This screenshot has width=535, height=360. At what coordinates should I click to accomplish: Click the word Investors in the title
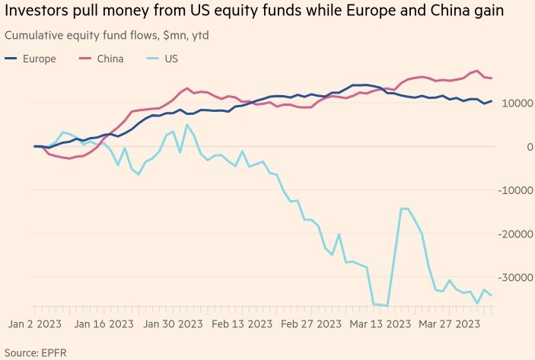click(x=37, y=12)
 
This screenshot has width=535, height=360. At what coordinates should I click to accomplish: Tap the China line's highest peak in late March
click(x=476, y=71)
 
